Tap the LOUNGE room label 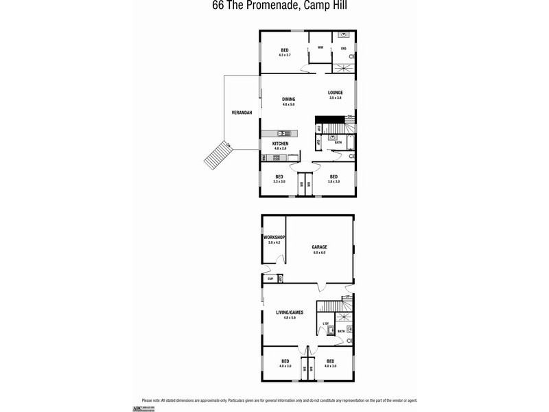pos(336,93)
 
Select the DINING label pos(288,100)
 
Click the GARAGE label pos(319,247)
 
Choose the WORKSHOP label pos(274,238)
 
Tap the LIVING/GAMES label pos(289,312)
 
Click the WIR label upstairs pos(320,47)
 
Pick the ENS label pos(344,48)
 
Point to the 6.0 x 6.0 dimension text pos(319,253)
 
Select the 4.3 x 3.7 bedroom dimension pos(284,54)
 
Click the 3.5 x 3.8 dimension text pos(336,98)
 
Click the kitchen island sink pos(281,133)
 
